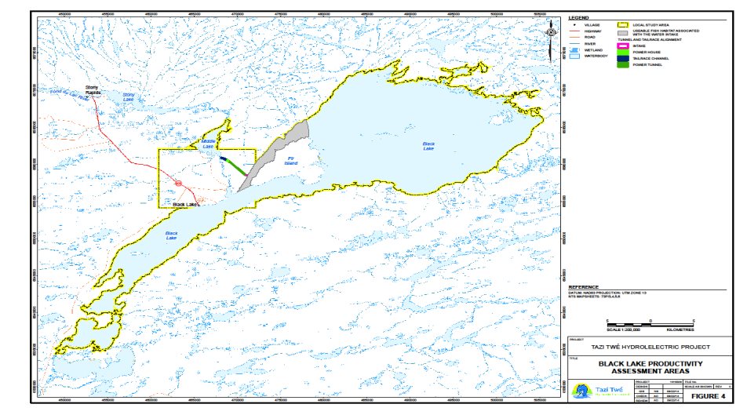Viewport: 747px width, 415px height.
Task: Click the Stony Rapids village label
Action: tap(93, 89)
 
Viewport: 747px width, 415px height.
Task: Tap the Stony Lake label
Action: tap(129, 99)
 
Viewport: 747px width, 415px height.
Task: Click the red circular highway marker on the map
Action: tap(178, 184)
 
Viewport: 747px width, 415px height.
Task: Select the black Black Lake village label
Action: tap(184, 205)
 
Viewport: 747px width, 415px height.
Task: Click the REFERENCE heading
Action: tap(584, 288)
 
